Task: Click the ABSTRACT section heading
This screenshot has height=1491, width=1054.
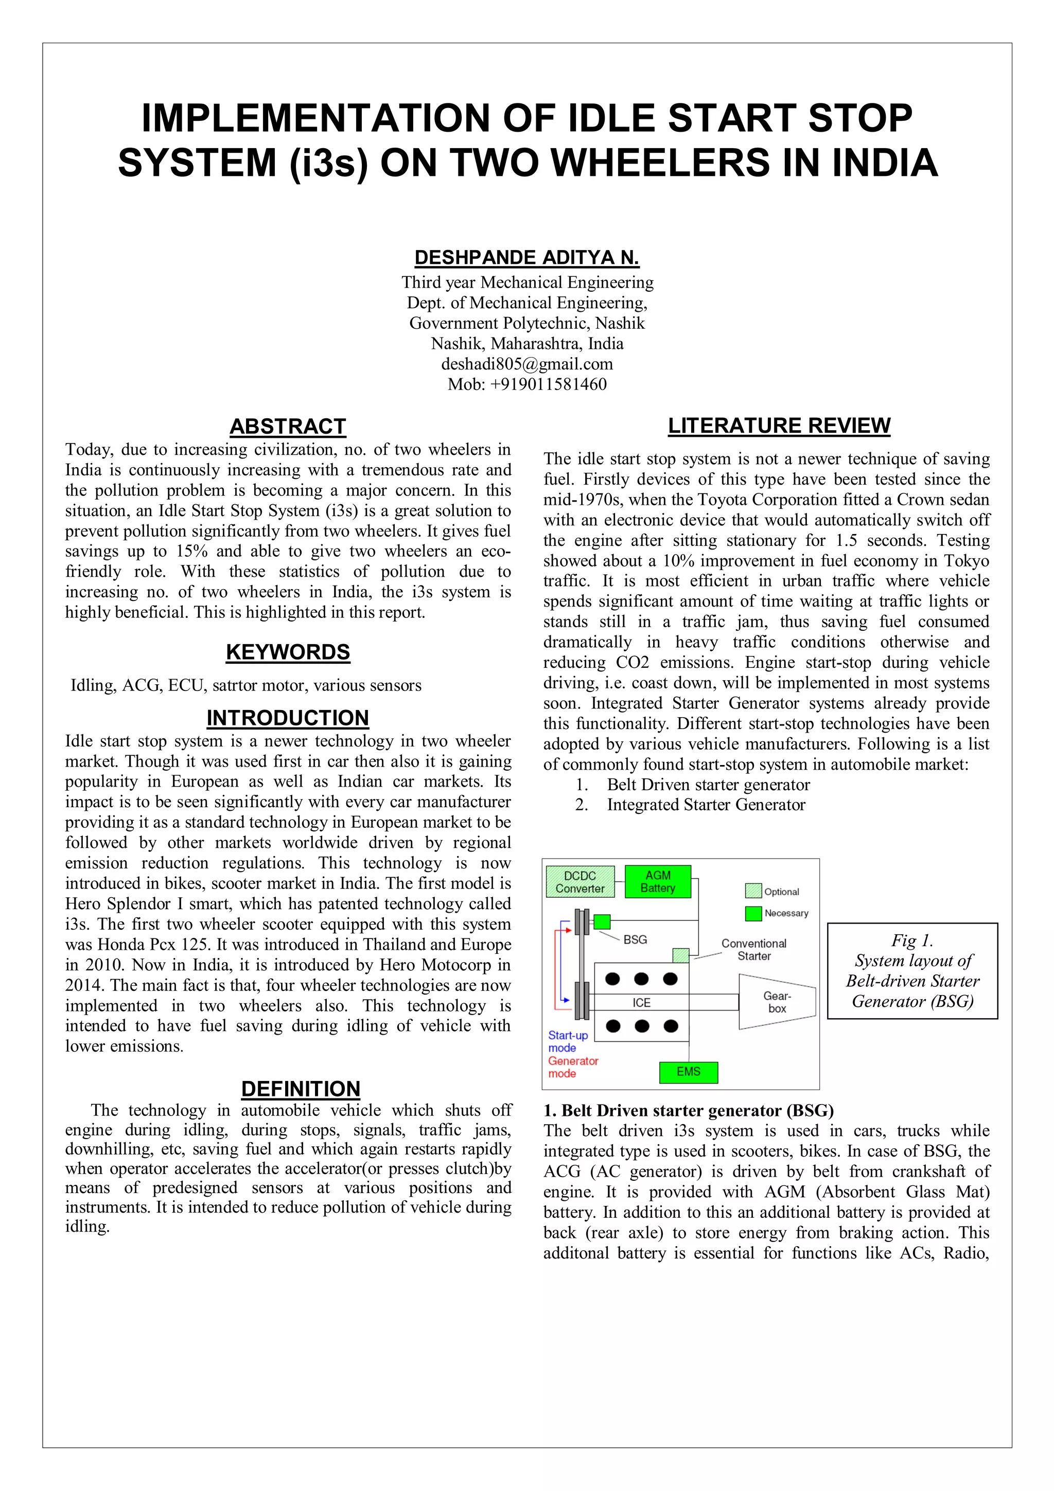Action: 287,427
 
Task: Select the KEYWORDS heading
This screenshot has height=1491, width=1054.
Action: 287,652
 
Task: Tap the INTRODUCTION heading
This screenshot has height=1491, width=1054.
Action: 287,718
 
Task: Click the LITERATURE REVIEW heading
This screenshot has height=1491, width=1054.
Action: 779,426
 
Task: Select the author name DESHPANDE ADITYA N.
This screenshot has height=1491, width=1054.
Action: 526,258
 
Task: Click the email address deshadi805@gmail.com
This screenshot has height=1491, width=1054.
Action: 526,364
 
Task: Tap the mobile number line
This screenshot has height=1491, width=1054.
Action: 526,384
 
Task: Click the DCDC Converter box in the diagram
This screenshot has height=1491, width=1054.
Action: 579,882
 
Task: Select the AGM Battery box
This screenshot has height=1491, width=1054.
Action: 657,882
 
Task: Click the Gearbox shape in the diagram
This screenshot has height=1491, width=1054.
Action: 776,1002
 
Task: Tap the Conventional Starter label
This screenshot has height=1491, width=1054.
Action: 753,949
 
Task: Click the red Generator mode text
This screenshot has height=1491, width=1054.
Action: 572,1067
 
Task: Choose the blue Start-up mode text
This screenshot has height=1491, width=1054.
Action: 567,1042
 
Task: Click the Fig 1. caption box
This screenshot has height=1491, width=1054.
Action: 912,971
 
